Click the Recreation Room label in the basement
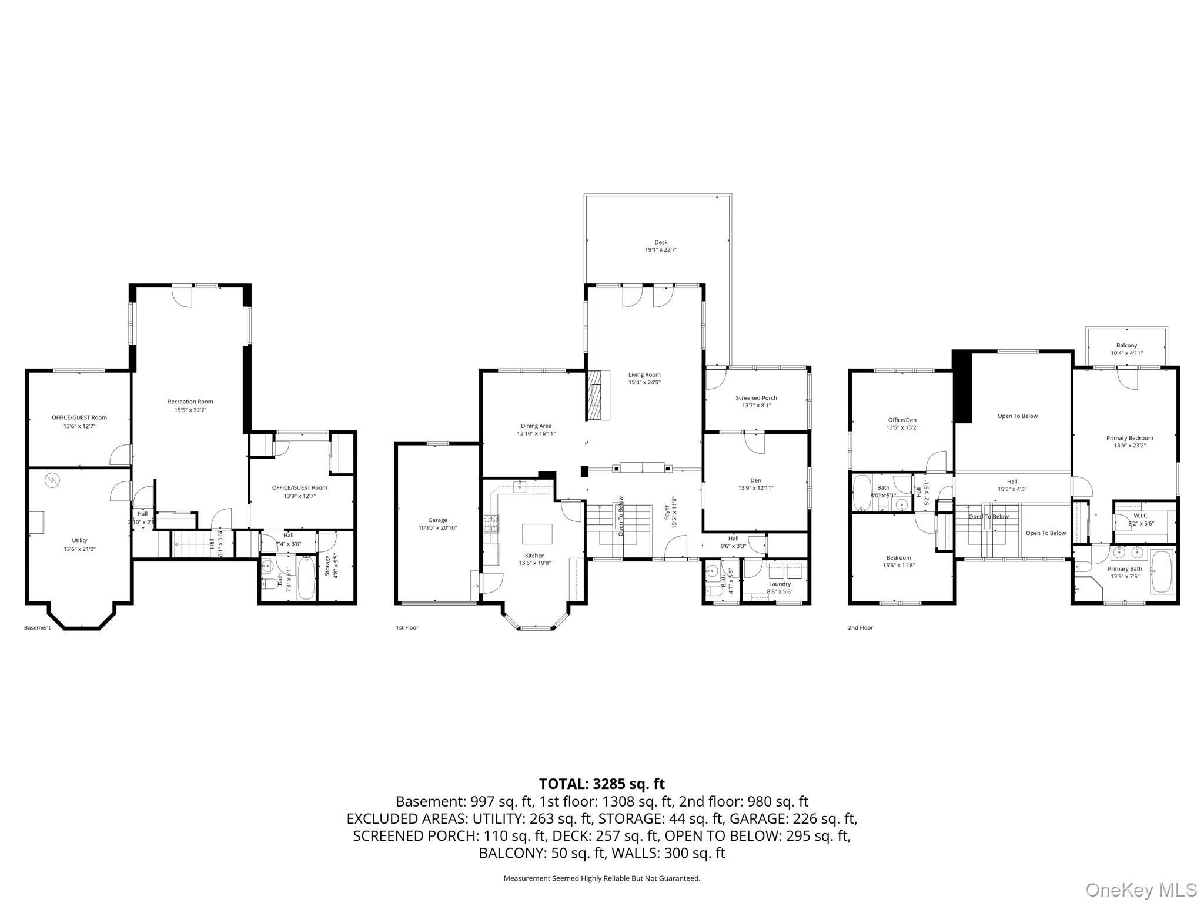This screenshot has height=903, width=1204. coord(190,402)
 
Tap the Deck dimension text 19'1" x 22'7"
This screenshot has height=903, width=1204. coord(661,250)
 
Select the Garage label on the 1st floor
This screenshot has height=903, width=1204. coord(437,520)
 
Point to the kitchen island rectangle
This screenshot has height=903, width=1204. coord(537,534)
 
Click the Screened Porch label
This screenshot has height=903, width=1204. coord(756,398)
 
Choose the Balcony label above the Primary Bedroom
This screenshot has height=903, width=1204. coord(1126,345)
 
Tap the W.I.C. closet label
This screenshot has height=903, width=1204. coord(1141,516)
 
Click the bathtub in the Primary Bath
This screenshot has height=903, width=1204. coord(1160,571)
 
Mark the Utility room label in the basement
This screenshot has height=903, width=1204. coord(79,540)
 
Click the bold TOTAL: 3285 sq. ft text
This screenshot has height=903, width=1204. coord(601,784)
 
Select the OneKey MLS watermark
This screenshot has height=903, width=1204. coord(1140,889)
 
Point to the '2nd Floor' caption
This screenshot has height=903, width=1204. coord(860,628)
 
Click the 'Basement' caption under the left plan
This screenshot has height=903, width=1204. coord(37,628)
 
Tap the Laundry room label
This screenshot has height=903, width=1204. coord(780,584)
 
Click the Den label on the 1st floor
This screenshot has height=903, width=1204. coord(755,480)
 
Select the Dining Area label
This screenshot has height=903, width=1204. coord(536,426)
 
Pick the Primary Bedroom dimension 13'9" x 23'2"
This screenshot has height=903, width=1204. coord(1129,446)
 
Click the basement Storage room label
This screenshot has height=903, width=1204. coord(327,565)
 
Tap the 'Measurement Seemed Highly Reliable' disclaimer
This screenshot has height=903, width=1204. coord(601,878)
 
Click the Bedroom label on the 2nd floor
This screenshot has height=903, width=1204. coord(898,558)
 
